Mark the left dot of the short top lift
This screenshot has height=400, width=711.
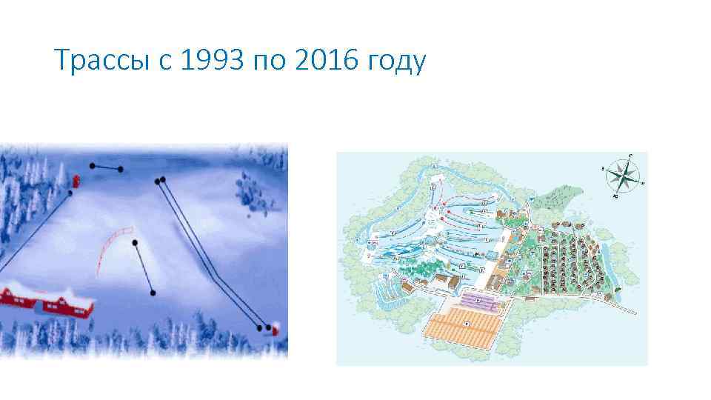click(x=92, y=165)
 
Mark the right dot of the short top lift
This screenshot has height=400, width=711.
click(x=121, y=170)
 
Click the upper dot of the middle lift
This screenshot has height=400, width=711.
click(x=135, y=243)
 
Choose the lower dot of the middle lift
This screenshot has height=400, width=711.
click(x=153, y=293)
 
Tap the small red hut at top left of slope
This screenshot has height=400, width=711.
click(x=75, y=181)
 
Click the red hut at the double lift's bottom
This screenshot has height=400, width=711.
click(x=276, y=328)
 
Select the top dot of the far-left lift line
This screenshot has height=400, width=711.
click(x=70, y=193)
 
